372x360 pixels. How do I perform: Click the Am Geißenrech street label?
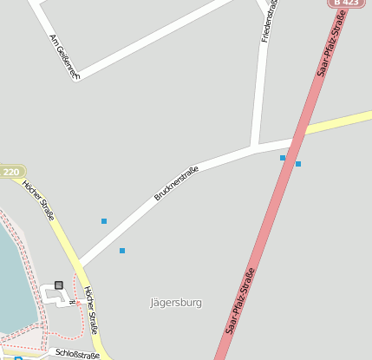[65, 57]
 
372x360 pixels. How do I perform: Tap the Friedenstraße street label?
[270, 21]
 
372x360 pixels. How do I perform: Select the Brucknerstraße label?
[176, 183]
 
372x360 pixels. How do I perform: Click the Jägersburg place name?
[176, 303]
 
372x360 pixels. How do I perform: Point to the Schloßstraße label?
[77, 353]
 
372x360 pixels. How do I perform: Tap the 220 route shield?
[10, 172]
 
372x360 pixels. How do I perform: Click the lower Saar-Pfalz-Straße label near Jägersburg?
[240, 301]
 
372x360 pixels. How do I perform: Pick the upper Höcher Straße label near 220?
[39, 200]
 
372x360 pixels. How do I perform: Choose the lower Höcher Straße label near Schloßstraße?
[90, 310]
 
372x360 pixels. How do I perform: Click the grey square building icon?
[59, 285]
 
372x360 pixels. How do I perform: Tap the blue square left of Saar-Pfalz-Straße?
[283, 158]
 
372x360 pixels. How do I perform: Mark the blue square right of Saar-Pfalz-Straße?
[298, 163]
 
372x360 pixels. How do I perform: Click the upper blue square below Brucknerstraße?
[104, 221]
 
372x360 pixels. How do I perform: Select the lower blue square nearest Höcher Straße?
[122, 251]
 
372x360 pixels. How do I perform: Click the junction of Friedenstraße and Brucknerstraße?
[255, 147]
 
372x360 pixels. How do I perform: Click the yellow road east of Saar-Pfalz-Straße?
[343, 122]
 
